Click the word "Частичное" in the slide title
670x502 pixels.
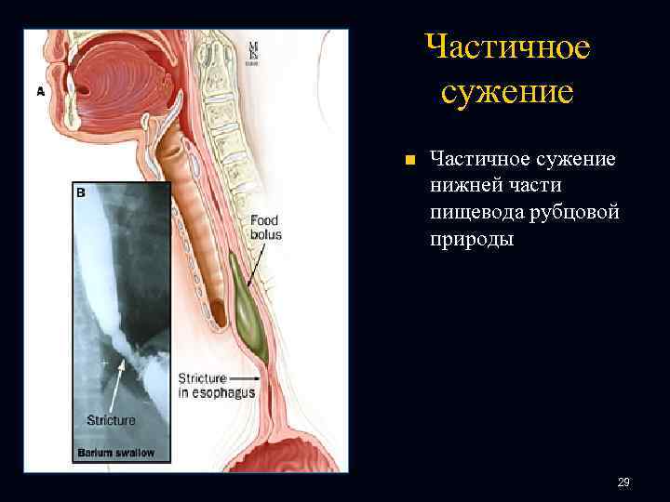point(506,47)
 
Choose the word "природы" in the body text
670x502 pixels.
point(471,240)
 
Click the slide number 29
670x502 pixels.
point(623,482)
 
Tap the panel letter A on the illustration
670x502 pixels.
point(41,91)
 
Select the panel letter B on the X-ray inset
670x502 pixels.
point(80,192)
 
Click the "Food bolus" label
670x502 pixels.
point(265,228)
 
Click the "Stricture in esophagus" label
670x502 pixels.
point(215,386)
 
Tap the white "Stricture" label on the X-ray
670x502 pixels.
point(111,420)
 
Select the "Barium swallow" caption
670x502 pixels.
point(115,454)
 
